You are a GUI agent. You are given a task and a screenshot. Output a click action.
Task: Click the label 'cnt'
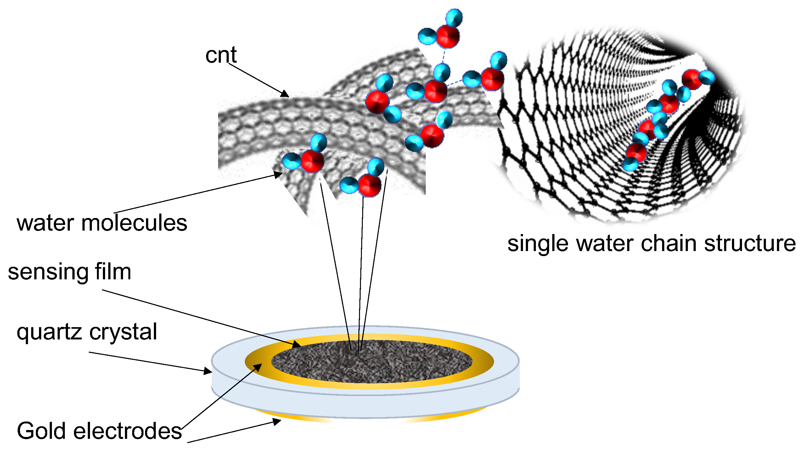point(221,55)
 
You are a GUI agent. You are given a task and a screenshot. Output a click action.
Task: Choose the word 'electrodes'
point(127,431)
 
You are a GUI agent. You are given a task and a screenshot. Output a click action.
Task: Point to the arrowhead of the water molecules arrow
point(278,174)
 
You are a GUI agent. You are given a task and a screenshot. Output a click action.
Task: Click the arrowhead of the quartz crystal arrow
point(208,372)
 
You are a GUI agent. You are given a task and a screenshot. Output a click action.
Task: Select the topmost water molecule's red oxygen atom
point(448,36)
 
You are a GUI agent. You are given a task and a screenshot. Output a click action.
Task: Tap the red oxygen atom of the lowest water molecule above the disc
point(369,185)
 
